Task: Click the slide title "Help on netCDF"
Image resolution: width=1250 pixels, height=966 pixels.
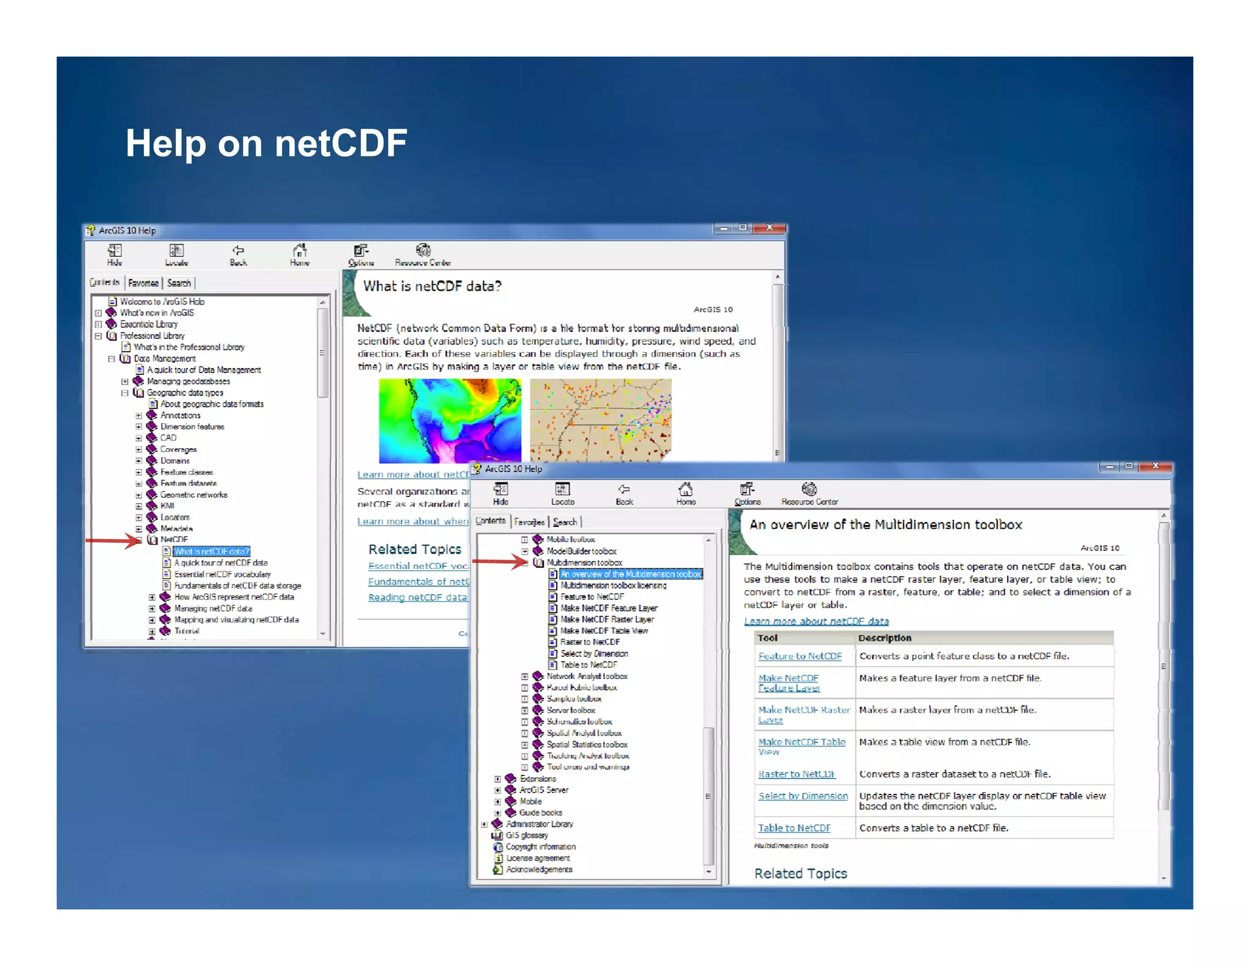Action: coord(266,144)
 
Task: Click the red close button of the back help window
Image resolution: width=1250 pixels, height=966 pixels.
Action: coord(769,228)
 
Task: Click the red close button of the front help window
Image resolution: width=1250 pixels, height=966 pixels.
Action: coord(1155,466)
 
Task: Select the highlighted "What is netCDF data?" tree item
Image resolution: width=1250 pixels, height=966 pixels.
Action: coord(211,551)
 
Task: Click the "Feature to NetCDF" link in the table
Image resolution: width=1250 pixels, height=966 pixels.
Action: coord(800,656)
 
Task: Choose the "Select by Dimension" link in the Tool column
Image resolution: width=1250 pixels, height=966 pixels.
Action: coord(803,796)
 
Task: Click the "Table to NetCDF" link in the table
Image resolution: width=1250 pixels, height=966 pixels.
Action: coord(794,828)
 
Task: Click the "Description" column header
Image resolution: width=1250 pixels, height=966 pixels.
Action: coord(884,638)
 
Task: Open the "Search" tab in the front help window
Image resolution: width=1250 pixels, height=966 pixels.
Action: coord(565,522)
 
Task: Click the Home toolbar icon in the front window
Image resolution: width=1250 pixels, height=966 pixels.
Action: coord(685,493)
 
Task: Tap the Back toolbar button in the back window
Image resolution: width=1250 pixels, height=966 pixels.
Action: coord(238,255)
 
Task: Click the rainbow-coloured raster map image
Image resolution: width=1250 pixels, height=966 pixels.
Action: coord(450,420)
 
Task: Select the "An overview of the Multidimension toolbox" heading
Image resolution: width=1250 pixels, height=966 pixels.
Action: coord(885,525)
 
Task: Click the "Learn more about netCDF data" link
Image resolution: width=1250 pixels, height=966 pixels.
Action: coord(816,621)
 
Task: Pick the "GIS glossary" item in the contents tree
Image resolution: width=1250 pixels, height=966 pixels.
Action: coord(527,835)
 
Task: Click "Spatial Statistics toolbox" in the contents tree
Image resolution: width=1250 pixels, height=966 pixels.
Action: coord(587,744)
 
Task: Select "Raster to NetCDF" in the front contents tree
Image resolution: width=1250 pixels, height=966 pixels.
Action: coord(590,642)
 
